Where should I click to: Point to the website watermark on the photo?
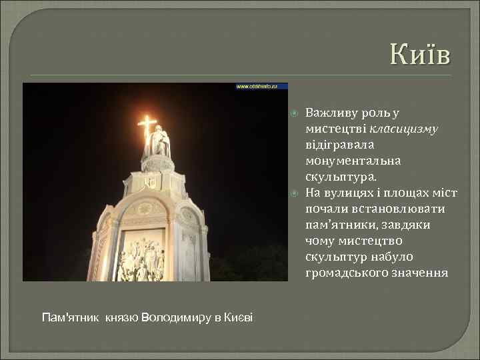pyautogui.click(x=260, y=87)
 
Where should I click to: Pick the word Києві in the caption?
pyautogui.click(x=239, y=316)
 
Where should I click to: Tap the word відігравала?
pyautogui.click(x=339, y=144)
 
